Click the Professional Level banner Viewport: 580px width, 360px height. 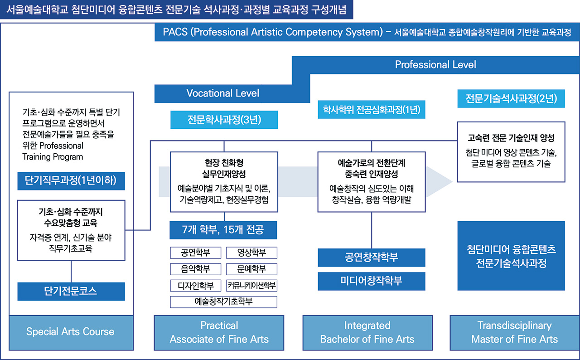(x=435, y=65)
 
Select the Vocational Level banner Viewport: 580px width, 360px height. (x=223, y=93)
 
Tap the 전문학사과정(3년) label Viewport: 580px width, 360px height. (x=223, y=121)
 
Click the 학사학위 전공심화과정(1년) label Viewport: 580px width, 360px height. (x=372, y=110)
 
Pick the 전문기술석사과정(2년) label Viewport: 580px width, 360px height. (x=511, y=98)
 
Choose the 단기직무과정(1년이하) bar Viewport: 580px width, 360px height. (x=71, y=180)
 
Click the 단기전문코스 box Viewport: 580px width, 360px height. (x=71, y=292)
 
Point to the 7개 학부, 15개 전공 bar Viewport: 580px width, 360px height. (x=223, y=230)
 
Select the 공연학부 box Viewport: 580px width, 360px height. (x=195, y=253)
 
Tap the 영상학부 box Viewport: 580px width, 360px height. (x=251, y=253)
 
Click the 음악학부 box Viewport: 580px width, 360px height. (x=195, y=269)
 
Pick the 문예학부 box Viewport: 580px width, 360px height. (x=251, y=269)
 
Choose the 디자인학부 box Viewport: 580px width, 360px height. (x=195, y=286)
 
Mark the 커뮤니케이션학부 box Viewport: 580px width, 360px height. (x=251, y=286)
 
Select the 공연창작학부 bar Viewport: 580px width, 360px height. (x=372, y=258)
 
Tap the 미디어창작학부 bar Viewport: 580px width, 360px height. (x=372, y=281)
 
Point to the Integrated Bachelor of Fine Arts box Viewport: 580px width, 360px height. (x=367, y=332)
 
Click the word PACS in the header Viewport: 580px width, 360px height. (x=176, y=33)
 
